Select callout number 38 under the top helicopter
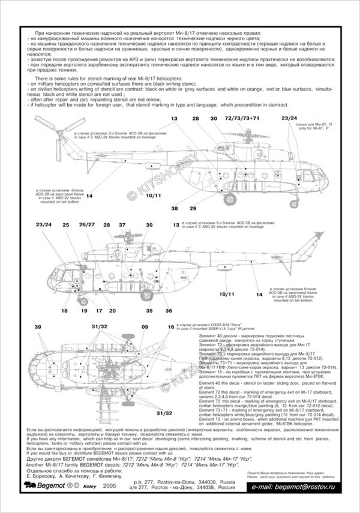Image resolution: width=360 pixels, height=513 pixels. tap(175, 208)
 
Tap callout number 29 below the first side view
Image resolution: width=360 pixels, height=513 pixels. tap(193, 208)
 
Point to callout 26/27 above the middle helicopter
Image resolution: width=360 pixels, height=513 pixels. tap(87, 225)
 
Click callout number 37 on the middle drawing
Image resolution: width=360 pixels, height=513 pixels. tap(122, 225)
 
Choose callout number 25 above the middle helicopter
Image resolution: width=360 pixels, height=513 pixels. tap(66, 225)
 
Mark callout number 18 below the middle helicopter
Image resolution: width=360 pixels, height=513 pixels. tap(64, 310)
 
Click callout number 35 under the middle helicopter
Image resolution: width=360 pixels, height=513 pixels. tap(149, 310)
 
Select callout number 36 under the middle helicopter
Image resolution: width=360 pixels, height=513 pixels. tap(169, 310)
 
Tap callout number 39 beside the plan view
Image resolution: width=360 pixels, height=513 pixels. tap(38, 326)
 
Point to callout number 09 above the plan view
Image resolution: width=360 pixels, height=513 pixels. tap(145, 326)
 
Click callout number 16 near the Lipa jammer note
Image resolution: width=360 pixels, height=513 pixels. tap(171, 326)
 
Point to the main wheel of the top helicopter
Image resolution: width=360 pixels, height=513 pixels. tap(229, 199)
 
